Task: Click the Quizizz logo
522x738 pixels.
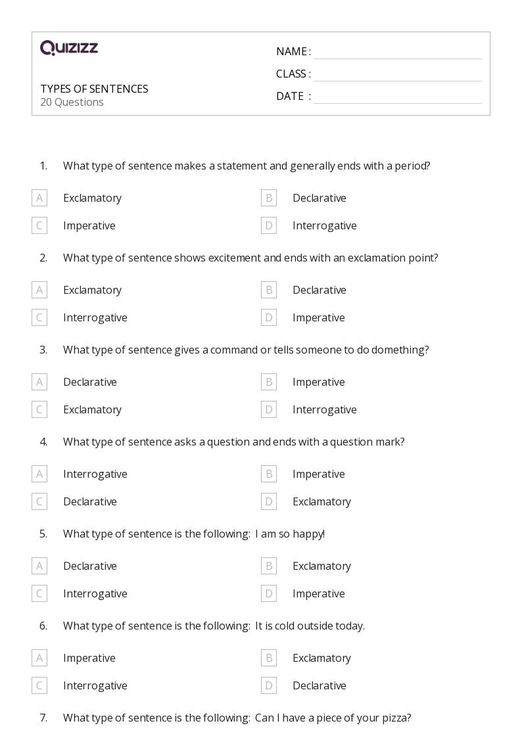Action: coord(69,48)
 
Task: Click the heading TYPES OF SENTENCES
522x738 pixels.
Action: coord(94,89)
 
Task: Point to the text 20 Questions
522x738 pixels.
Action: coord(72,102)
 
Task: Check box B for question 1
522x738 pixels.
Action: coord(268,198)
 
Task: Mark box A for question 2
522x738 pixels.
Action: coord(39,290)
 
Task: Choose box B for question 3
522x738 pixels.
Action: coord(268,382)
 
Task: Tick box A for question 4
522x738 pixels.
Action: coord(39,474)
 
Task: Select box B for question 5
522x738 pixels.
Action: coord(268,566)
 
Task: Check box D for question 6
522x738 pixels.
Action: coord(268,685)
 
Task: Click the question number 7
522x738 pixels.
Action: coord(43,718)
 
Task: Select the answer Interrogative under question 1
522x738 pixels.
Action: coord(324,225)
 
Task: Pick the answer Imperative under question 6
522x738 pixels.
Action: coord(89,658)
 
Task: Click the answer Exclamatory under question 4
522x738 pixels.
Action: coord(321,501)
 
